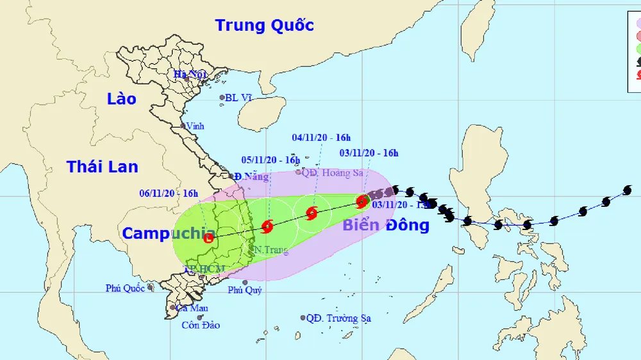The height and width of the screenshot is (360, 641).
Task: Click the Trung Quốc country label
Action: [x=264, y=26]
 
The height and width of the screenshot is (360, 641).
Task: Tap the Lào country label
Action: [x=122, y=99]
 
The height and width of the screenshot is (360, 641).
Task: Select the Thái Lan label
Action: [x=102, y=167]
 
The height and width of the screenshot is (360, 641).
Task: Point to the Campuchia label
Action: [x=168, y=233]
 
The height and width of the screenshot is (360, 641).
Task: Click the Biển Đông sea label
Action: [x=385, y=225]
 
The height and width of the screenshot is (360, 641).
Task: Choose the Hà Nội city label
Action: [x=190, y=74]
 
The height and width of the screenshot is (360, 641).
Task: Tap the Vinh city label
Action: [x=195, y=126]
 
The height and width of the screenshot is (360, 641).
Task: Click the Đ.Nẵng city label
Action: [x=251, y=176]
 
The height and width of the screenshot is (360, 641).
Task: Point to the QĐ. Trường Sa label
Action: [x=338, y=318]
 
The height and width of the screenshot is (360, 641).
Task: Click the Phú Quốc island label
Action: [x=125, y=288]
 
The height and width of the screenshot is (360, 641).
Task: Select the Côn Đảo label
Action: [x=200, y=325]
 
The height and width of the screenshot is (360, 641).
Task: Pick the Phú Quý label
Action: [x=244, y=290]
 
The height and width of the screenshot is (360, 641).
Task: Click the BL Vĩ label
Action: [x=237, y=99]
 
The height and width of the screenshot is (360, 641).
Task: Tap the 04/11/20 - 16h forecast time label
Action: [x=321, y=137]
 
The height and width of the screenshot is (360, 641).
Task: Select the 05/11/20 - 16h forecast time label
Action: [x=270, y=160]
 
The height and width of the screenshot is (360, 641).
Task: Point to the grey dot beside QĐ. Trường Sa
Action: [x=303, y=318]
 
